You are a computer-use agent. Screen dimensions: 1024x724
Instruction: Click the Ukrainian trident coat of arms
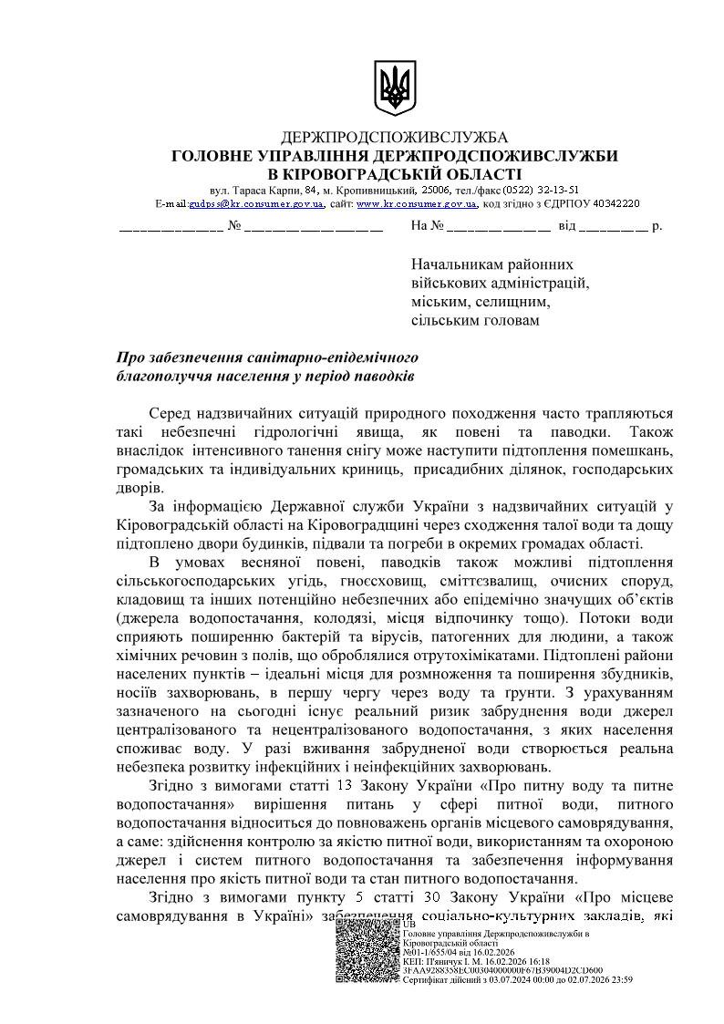(394, 88)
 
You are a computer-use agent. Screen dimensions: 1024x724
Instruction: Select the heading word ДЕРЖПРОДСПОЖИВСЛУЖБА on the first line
(395, 138)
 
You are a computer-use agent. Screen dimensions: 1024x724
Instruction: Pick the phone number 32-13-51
(557, 190)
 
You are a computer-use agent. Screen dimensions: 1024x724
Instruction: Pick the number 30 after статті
(432, 895)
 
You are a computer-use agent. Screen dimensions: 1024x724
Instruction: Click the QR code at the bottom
(367, 949)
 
